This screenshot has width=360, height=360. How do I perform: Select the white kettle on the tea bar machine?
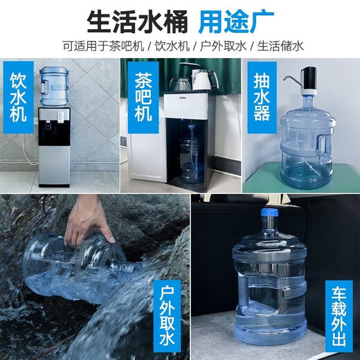click(x=201, y=79)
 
